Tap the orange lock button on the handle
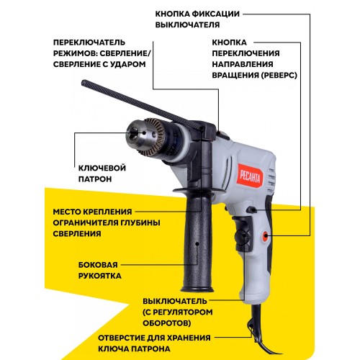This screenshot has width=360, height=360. click(265, 235)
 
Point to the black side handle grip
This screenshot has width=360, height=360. click(197, 243)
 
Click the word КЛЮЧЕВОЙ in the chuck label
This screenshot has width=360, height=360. click(102, 168)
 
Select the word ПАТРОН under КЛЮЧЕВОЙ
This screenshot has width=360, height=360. click(95, 179)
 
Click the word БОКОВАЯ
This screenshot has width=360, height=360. click(98, 265)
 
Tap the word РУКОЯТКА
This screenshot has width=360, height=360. click(100, 276)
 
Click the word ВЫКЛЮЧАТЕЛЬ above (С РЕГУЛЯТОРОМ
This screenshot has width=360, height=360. click(175, 301)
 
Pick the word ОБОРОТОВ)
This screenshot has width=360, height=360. click(167, 323)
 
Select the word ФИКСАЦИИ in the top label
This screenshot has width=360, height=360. click(215, 14)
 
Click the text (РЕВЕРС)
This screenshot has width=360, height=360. click(279, 76)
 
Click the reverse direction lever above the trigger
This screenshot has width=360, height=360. click(251, 210)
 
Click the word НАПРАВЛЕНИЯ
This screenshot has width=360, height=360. click(243, 64)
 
